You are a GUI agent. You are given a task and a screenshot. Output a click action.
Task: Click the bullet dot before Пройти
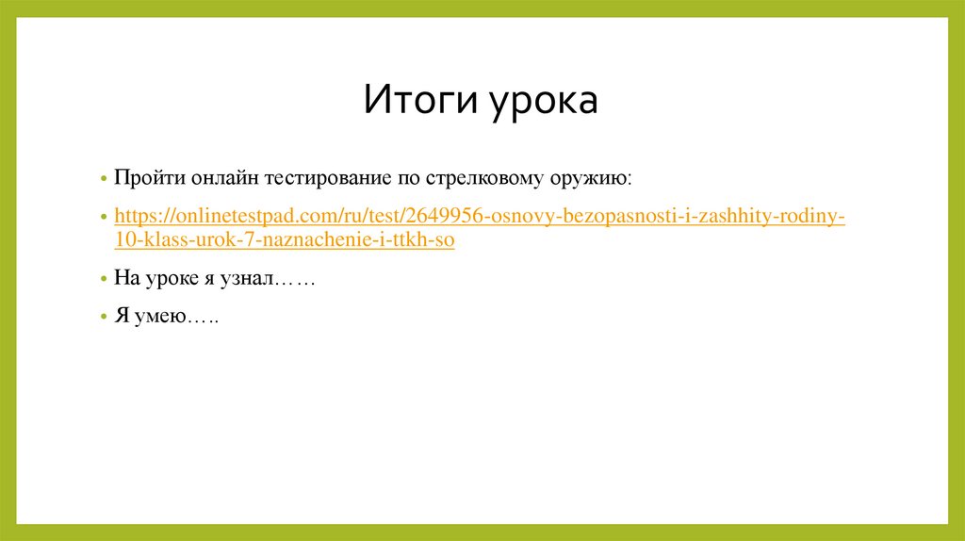(105, 179)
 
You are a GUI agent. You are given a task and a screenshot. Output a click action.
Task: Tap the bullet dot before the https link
(105, 218)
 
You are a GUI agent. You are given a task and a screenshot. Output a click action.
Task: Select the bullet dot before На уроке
(105, 280)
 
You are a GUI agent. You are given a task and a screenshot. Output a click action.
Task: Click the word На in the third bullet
(125, 279)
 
